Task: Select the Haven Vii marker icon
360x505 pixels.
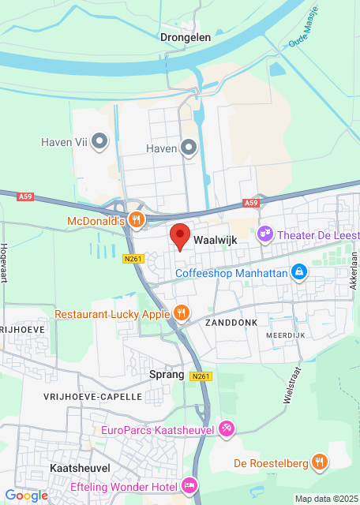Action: (99, 142)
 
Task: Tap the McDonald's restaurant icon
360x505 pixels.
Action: (136, 220)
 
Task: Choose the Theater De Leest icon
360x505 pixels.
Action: (265, 234)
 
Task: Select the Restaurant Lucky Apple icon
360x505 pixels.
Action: (182, 313)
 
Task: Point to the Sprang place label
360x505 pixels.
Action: (167, 375)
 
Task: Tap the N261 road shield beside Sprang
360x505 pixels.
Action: (201, 377)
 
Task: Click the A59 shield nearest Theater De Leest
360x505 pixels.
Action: (251, 203)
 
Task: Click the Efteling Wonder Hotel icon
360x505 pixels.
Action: (189, 484)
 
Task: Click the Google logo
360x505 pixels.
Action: (26, 496)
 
